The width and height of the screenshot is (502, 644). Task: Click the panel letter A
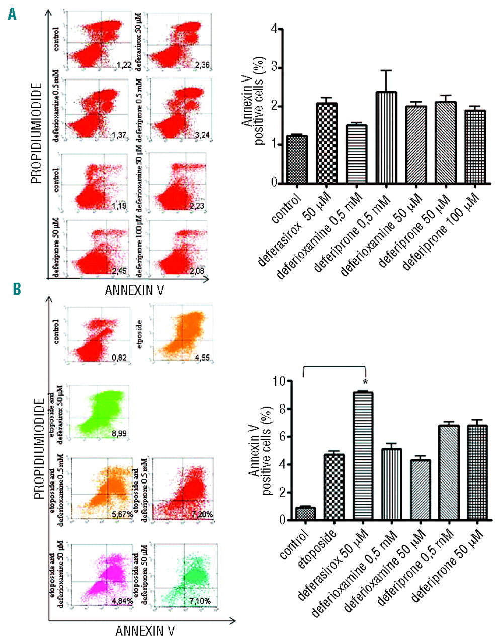(x=12, y=14)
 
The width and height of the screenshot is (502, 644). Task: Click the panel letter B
(x=17, y=289)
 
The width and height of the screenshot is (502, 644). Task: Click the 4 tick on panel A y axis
(x=274, y=29)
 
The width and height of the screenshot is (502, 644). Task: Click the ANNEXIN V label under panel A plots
(x=134, y=289)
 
